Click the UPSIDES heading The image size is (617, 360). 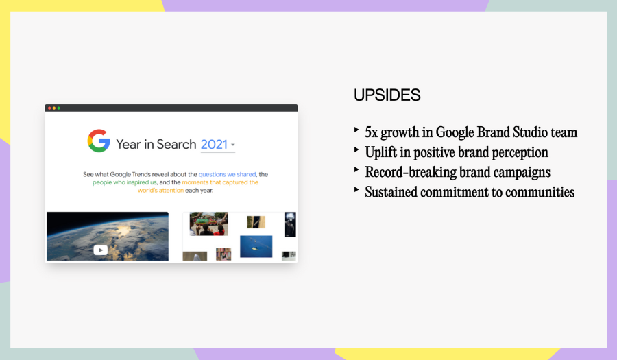(x=387, y=95)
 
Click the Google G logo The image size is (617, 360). (x=98, y=141)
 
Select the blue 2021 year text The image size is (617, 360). (x=214, y=145)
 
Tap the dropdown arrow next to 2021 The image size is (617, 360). (x=233, y=145)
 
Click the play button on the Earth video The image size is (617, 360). (x=100, y=250)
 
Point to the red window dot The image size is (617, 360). (x=49, y=108)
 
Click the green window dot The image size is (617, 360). (x=59, y=108)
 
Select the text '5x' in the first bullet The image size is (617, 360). (x=371, y=132)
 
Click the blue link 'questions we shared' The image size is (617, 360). (x=227, y=174)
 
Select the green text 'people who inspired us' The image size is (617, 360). (x=124, y=182)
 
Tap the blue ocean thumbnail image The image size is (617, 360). (x=256, y=246)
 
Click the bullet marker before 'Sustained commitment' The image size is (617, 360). (x=356, y=189)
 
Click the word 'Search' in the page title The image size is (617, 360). (x=176, y=145)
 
